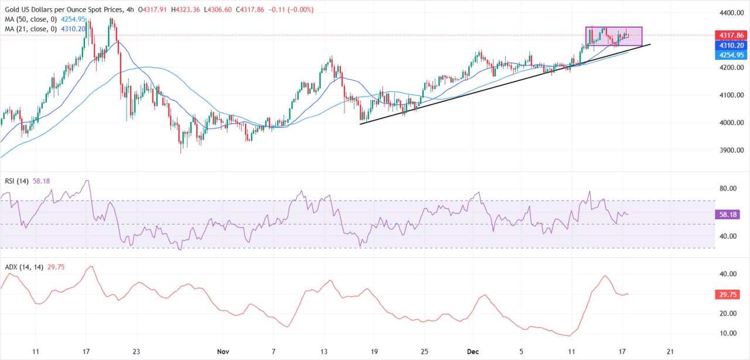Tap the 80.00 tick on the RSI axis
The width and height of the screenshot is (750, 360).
727,189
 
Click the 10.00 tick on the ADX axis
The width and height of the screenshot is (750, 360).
727,334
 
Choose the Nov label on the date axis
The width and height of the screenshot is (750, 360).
223,352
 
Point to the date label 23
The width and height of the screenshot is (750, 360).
136,352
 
